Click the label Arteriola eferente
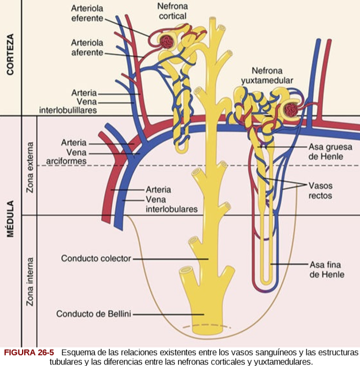[x=88, y=14]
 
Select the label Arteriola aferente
[x=88, y=47]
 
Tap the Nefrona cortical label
[x=172, y=12]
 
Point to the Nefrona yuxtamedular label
[x=267, y=76]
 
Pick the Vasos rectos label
[x=320, y=191]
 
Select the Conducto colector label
[x=96, y=258]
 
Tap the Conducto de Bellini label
[x=93, y=314]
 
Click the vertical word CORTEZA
[x=10, y=55]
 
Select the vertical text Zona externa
[x=30, y=167]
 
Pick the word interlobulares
[x=172, y=209]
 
